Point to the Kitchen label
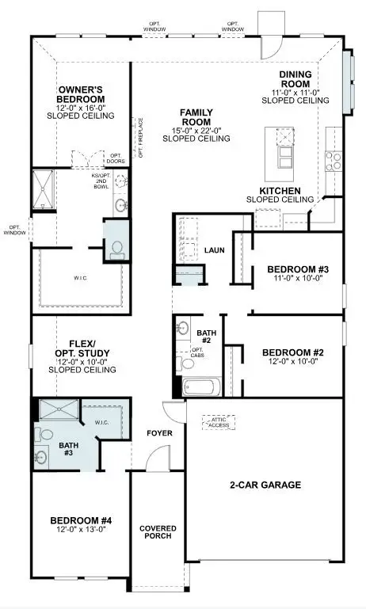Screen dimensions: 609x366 280,191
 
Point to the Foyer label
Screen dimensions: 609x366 159,433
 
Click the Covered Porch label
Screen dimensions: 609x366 158,533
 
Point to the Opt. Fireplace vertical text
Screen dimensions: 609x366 141,138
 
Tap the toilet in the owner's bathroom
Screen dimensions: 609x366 116,248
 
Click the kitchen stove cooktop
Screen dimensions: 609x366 334,161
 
